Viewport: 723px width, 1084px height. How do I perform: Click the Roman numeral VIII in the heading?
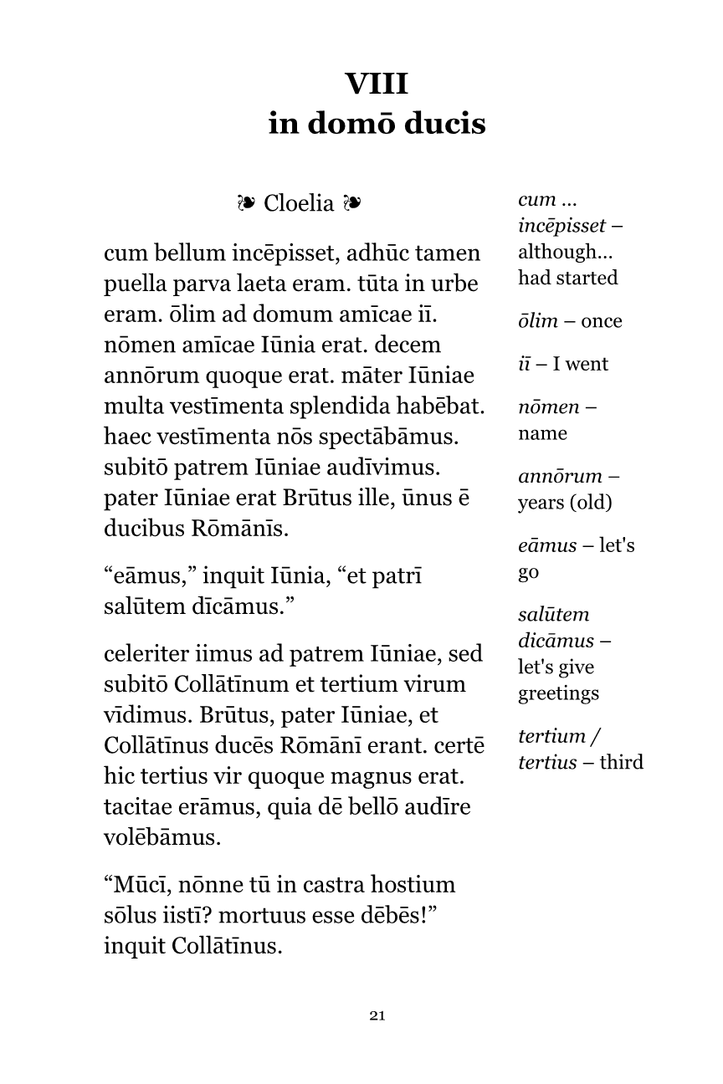point(377,84)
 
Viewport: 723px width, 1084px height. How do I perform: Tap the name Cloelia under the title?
point(299,203)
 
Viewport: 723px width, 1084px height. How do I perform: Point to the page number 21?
point(377,1016)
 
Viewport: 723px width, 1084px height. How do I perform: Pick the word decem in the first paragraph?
point(410,345)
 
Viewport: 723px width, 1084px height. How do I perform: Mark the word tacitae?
point(141,807)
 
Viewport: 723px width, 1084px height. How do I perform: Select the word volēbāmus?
point(162,837)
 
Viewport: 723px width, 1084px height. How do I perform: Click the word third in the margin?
point(620,762)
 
